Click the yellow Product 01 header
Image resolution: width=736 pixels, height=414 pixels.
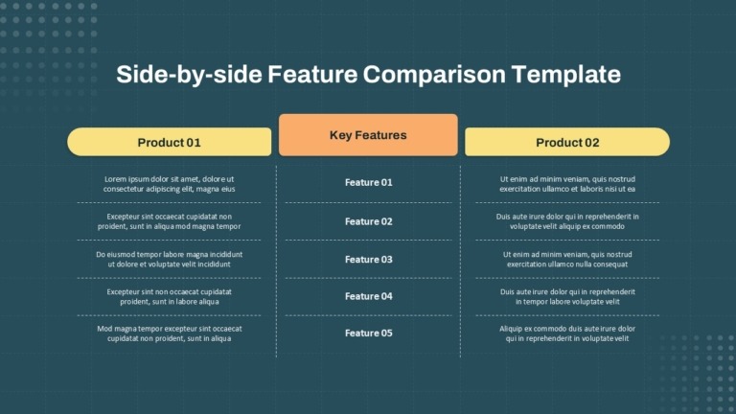click(x=169, y=142)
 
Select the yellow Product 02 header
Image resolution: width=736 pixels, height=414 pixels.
click(x=567, y=142)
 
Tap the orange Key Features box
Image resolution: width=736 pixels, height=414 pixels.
click(x=368, y=135)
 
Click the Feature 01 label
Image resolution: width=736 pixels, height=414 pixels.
click(x=368, y=182)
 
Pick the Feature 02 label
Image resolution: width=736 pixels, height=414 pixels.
click(x=368, y=221)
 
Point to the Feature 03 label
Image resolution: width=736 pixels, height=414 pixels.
click(x=368, y=260)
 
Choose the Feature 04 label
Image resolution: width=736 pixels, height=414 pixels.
click(x=368, y=296)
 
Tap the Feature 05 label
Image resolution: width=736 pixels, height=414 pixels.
click(x=368, y=333)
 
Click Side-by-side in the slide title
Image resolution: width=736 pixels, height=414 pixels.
click(x=189, y=75)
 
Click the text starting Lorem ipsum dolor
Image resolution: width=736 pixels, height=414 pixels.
click(x=169, y=184)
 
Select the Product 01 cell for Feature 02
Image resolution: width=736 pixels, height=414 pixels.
click(x=169, y=221)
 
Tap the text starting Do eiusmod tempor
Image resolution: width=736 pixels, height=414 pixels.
click(x=169, y=259)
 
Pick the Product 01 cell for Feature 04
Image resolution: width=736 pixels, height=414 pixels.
click(x=169, y=296)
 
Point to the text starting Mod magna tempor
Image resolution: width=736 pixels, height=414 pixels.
click(x=169, y=333)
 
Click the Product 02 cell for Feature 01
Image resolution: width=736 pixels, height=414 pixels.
click(x=567, y=184)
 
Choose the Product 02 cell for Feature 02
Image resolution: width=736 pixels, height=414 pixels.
click(x=567, y=221)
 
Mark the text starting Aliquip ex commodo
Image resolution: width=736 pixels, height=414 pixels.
click(x=567, y=333)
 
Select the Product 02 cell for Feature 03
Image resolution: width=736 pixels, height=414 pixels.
click(x=567, y=259)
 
